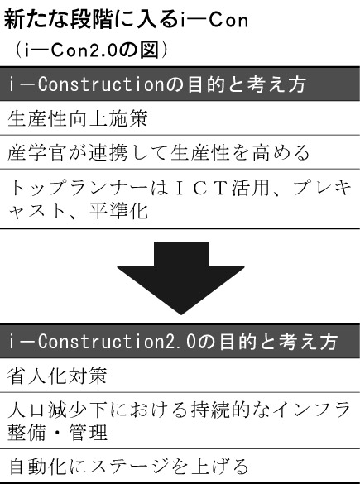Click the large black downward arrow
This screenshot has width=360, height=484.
181,277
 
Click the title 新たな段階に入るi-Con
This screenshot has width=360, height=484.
126,20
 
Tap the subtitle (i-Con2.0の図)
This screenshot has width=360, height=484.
90,50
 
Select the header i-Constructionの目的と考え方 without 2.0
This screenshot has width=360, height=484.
157,84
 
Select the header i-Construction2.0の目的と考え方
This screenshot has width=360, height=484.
173,342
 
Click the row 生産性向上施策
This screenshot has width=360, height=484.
78,118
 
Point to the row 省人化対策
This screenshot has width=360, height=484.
57,376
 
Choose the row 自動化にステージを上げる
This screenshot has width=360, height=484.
129,466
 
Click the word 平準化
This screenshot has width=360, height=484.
118,211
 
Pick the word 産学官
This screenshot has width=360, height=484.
36,152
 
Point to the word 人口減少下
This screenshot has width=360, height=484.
56,410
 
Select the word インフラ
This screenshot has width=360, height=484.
313,410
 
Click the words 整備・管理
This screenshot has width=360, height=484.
57,432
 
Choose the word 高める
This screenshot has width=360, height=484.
281,152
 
